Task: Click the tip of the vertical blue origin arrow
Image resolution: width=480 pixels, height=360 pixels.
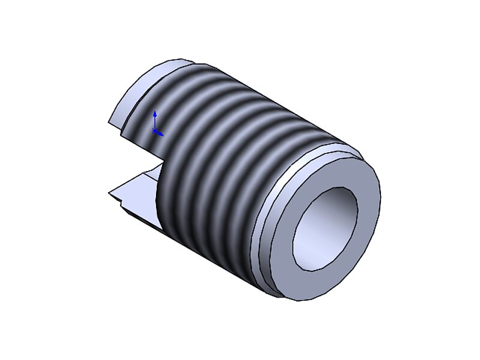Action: point(155,112)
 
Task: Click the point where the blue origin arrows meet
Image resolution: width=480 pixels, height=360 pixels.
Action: point(155,131)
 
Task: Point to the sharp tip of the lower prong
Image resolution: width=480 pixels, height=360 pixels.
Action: point(110,193)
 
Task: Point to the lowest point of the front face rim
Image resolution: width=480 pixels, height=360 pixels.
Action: point(300,299)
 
